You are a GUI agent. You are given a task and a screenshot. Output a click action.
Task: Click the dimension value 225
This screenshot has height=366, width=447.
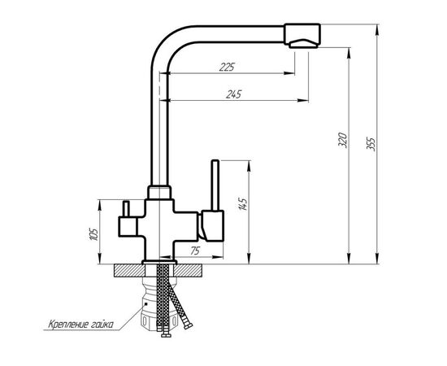pyautogui.click(x=227, y=67)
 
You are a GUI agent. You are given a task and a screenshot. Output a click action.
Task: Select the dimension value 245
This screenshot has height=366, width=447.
pyautogui.click(x=233, y=94)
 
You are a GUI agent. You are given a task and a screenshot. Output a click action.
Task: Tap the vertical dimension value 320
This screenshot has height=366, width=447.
pyautogui.click(x=342, y=140)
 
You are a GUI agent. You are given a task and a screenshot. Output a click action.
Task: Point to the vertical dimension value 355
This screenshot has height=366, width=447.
pyautogui.click(x=371, y=144)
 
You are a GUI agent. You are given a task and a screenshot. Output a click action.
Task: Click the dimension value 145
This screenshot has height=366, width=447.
pyautogui.click(x=242, y=203)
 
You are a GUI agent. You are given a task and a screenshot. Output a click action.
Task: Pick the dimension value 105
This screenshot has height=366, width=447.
pyautogui.click(x=93, y=234)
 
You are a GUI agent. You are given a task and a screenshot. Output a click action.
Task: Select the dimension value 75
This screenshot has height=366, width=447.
pyautogui.click(x=195, y=251)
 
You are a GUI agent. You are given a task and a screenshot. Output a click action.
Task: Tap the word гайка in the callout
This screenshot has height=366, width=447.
pyautogui.click(x=102, y=325)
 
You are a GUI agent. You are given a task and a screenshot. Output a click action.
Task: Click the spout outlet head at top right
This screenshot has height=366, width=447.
pyautogui.click(x=302, y=35)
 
